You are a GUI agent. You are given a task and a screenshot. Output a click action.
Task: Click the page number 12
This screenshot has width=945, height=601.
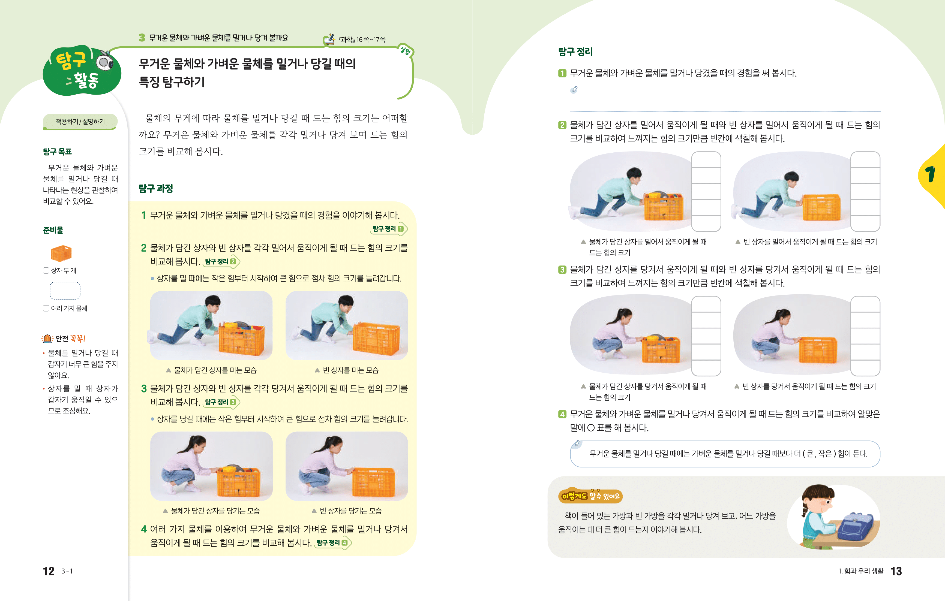click(x=49, y=571)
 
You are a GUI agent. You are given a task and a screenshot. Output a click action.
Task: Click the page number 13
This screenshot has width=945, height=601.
click(x=896, y=571)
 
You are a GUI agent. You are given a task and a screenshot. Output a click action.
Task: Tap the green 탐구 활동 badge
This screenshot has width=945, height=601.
click(x=82, y=71)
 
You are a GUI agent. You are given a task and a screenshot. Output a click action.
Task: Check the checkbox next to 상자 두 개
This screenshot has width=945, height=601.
click(x=46, y=270)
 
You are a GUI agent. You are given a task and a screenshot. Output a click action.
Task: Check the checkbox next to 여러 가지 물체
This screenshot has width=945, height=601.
click(x=46, y=308)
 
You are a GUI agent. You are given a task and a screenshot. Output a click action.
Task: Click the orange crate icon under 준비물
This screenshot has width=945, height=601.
click(x=61, y=253)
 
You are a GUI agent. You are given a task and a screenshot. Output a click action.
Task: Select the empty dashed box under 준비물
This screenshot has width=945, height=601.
click(x=65, y=291)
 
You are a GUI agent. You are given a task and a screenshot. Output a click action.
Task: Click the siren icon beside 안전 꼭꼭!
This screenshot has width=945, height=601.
click(x=47, y=338)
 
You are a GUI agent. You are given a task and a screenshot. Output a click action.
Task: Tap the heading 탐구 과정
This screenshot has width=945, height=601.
click(x=156, y=189)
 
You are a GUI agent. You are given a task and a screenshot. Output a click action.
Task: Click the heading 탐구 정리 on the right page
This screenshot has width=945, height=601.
click(x=575, y=52)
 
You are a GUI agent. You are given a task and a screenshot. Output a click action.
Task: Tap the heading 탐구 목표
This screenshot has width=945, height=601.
click(x=57, y=152)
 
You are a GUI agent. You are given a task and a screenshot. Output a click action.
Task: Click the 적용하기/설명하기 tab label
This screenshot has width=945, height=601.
click(x=80, y=122)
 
